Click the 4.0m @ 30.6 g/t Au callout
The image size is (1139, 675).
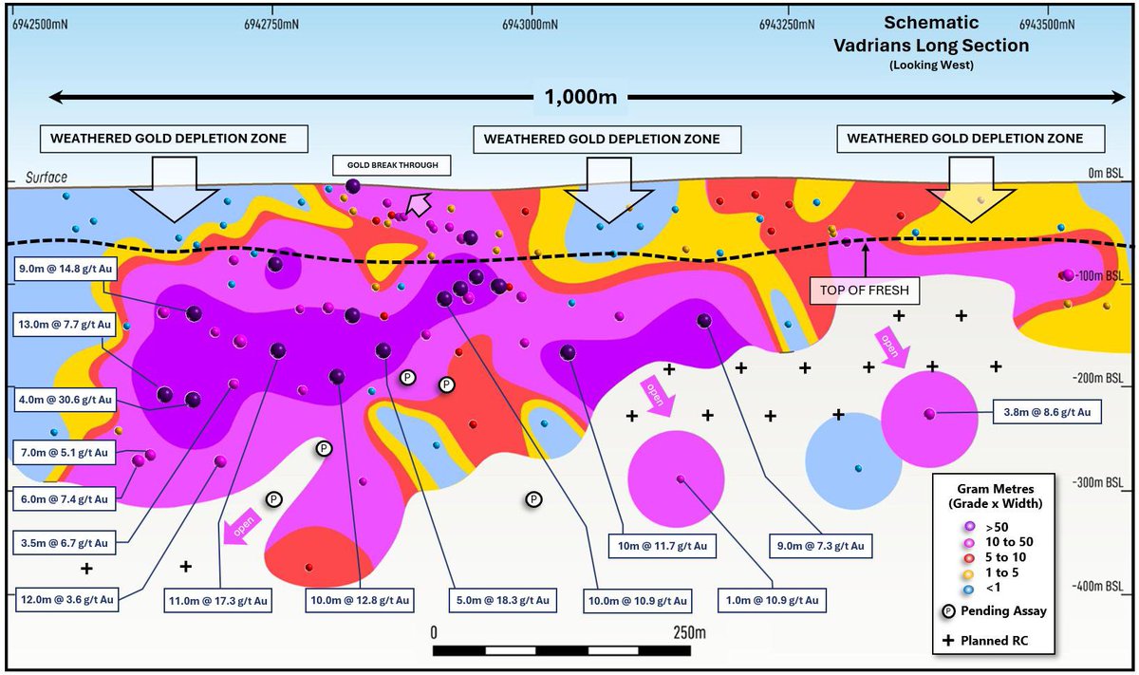64,400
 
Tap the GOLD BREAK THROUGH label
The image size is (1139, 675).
390,165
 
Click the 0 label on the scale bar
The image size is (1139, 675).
434,632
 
